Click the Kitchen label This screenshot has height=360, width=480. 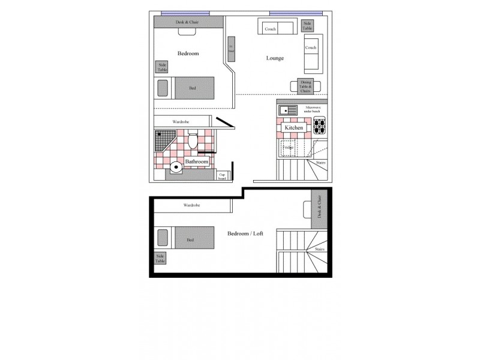pyautogui.click(x=293, y=128)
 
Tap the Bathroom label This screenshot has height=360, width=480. pyautogui.click(x=196, y=162)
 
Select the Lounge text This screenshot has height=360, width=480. pyautogui.click(x=275, y=58)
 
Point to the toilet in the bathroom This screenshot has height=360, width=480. pyautogui.click(x=193, y=142)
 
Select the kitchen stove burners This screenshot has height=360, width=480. pyautogui.click(x=319, y=126)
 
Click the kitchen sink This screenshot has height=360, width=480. pyautogui.click(x=287, y=110)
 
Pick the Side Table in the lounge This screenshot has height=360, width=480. pyautogui.click(x=307, y=26)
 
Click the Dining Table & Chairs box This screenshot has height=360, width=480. pyautogui.click(x=305, y=86)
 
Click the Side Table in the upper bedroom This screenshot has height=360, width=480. pyautogui.click(x=162, y=67)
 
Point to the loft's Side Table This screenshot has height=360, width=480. pyautogui.click(x=160, y=258)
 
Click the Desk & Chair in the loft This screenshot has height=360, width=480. pyautogui.click(x=319, y=209)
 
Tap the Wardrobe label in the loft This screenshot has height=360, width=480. pyautogui.click(x=191, y=205)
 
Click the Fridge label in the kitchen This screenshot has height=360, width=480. pyautogui.click(x=289, y=146)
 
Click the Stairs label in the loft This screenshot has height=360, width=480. pyautogui.click(x=319, y=248)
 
